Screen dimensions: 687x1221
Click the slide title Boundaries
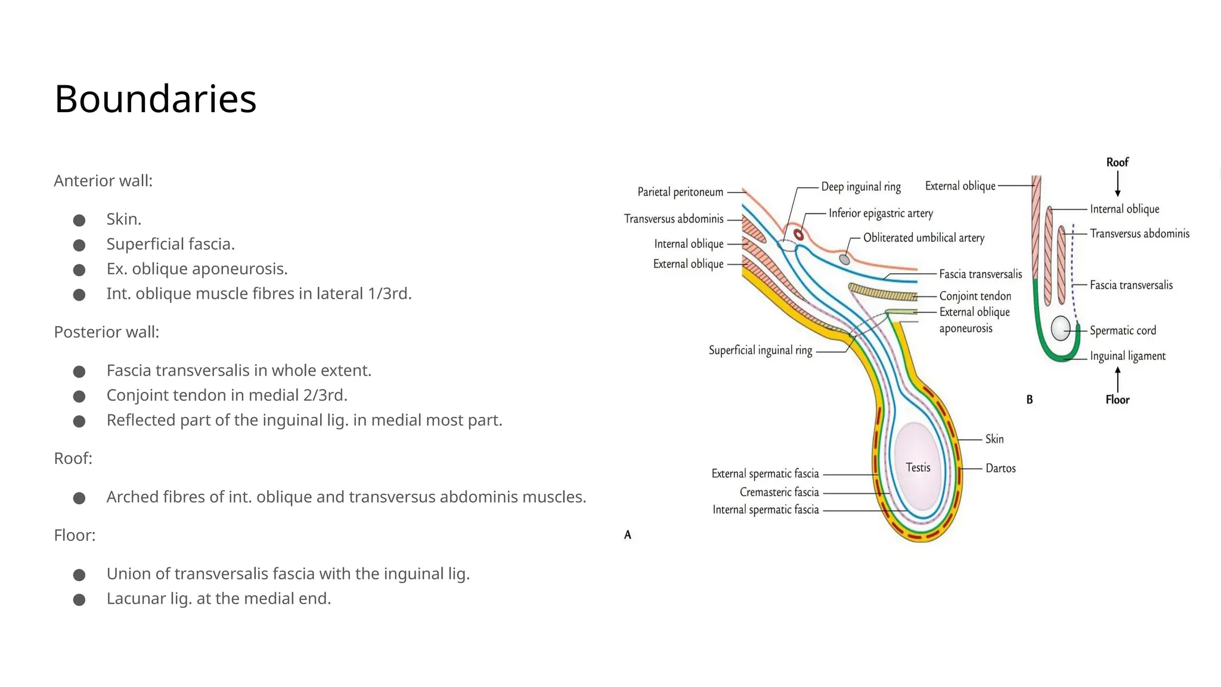pos(155,98)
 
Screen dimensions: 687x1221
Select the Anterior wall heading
pos(103,181)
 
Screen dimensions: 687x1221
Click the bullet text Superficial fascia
pos(171,244)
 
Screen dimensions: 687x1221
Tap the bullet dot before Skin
pos(79,221)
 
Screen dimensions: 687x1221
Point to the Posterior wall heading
pos(106,332)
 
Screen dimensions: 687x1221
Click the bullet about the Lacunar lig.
pos(218,598)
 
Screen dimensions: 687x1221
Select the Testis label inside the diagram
pos(918,468)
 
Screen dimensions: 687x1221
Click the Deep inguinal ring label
pos(861,187)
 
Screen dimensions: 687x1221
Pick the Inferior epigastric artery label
pos(881,213)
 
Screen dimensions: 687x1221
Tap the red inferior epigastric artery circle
pos(799,234)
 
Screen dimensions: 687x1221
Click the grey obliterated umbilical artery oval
pos(844,259)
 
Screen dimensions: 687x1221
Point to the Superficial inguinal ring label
pos(760,350)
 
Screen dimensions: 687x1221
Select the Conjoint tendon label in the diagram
pos(975,296)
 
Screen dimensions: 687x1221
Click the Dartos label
pos(1000,468)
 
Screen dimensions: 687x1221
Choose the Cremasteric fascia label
pos(779,492)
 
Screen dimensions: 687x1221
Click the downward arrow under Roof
pos(1117,184)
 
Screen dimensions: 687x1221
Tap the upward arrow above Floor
pos(1117,379)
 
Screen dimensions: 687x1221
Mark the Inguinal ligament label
pos(1127,356)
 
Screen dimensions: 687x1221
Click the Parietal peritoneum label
pos(680,192)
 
